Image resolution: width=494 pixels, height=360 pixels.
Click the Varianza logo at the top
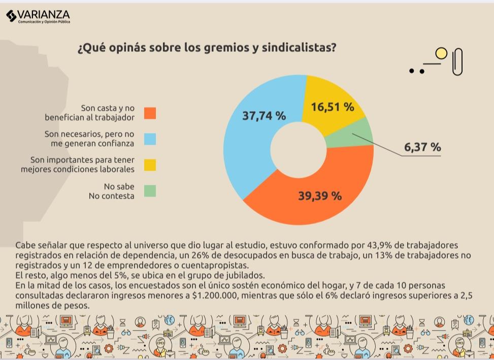coord(38,16)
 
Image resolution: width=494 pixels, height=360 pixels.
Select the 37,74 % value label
coord(264,116)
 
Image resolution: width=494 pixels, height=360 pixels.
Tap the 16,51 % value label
coord(333,107)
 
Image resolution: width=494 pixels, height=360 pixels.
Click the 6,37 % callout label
coord(422,147)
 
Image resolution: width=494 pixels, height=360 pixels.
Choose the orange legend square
coord(150,113)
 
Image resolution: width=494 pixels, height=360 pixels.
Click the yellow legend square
coord(150,165)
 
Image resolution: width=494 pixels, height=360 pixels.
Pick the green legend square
coord(150,191)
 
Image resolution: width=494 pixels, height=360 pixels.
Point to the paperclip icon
coord(457,62)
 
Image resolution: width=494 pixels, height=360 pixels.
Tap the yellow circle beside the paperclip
coord(441,53)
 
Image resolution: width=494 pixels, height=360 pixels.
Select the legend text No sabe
coord(119,186)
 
